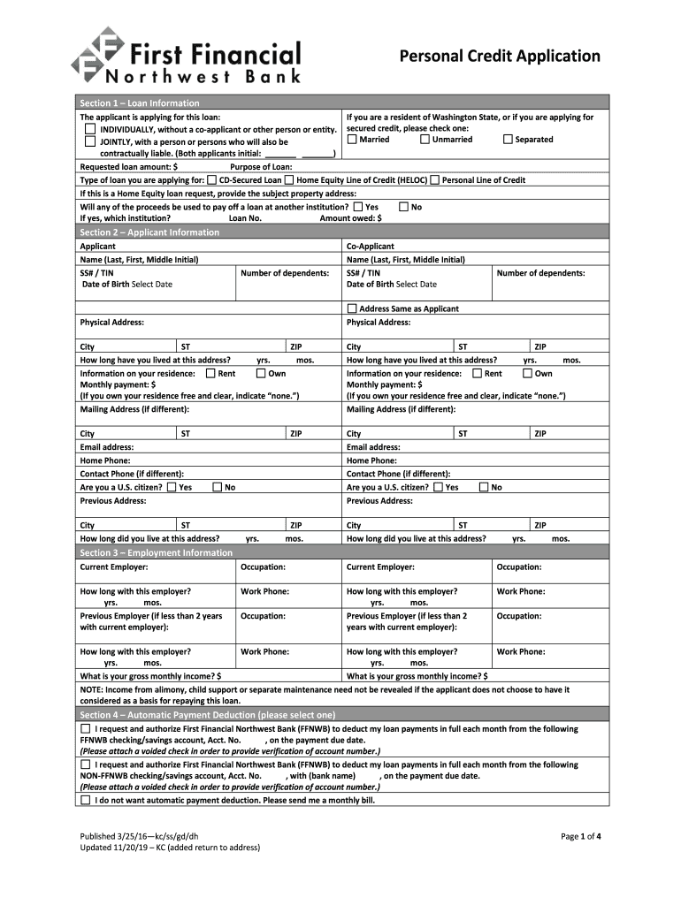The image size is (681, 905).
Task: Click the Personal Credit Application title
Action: (500, 57)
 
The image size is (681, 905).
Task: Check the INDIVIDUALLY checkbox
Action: (90, 130)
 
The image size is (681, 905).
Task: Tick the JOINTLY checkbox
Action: (90, 141)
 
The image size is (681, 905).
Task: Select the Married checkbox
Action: (352, 139)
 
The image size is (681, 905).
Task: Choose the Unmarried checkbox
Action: (425, 139)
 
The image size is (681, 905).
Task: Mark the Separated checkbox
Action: (508, 139)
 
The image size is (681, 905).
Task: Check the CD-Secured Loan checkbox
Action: (212, 180)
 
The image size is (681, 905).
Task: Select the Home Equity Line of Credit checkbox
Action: (289, 180)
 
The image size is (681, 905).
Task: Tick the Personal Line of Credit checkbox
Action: (435, 180)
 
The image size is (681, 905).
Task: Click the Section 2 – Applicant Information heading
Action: (149, 232)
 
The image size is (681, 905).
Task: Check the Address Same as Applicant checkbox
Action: (352, 309)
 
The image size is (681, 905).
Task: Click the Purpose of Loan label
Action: (261, 166)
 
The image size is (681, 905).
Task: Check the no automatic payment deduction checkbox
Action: (86, 800)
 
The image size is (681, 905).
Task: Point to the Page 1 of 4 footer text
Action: (581, 835)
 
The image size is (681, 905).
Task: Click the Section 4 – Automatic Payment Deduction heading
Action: (207, 714)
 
